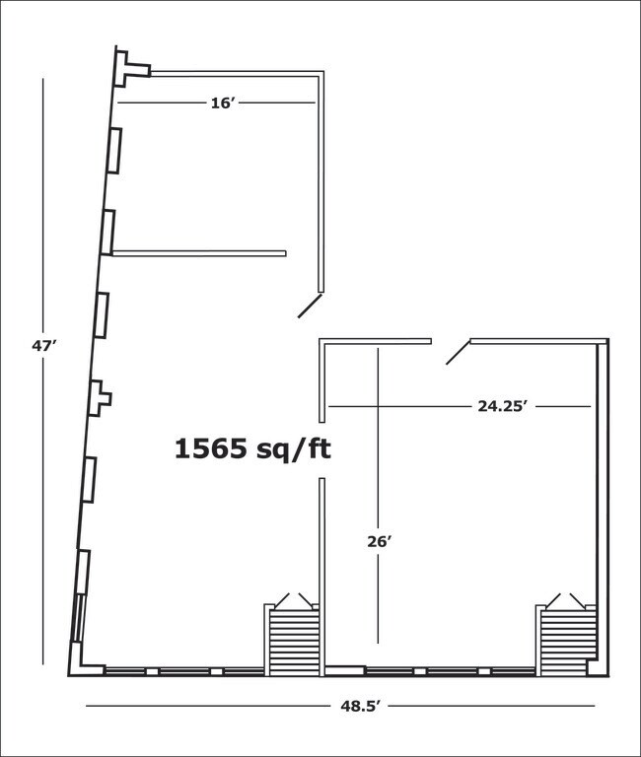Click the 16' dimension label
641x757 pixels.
tap(222, 103)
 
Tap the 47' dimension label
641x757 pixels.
tap(44, 346)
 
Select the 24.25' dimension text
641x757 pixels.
tap(501, 406)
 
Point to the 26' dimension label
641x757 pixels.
tap(379, 542)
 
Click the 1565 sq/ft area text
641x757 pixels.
tap(252, 449)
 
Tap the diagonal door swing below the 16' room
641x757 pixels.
tap(310, 306)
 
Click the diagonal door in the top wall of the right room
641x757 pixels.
tap(459, 352)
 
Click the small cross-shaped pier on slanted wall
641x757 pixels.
tap(101, 398)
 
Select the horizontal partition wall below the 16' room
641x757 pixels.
tap(199, 253)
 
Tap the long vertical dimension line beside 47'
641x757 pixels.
tap(43, 372)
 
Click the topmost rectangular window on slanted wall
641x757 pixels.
tap(114, 150)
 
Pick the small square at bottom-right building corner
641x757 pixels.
tap(593, 667)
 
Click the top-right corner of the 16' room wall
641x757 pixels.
tap(321, 73)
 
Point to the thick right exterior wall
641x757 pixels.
tap(603, 507)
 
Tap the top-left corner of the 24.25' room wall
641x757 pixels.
tap(321, 341)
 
